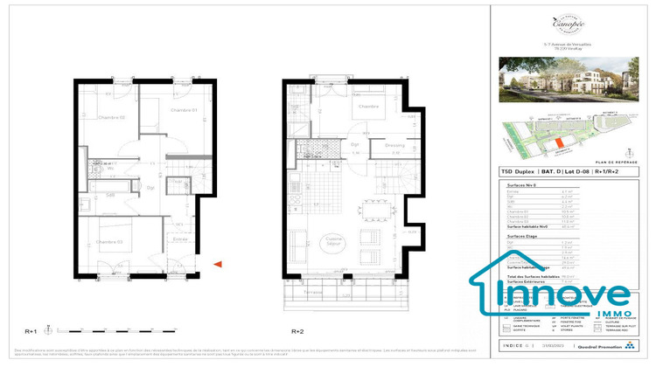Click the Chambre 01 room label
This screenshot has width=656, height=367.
182,110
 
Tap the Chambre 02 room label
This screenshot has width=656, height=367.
111,118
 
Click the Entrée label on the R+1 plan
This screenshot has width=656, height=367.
180,238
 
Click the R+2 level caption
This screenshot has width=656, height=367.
297,331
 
